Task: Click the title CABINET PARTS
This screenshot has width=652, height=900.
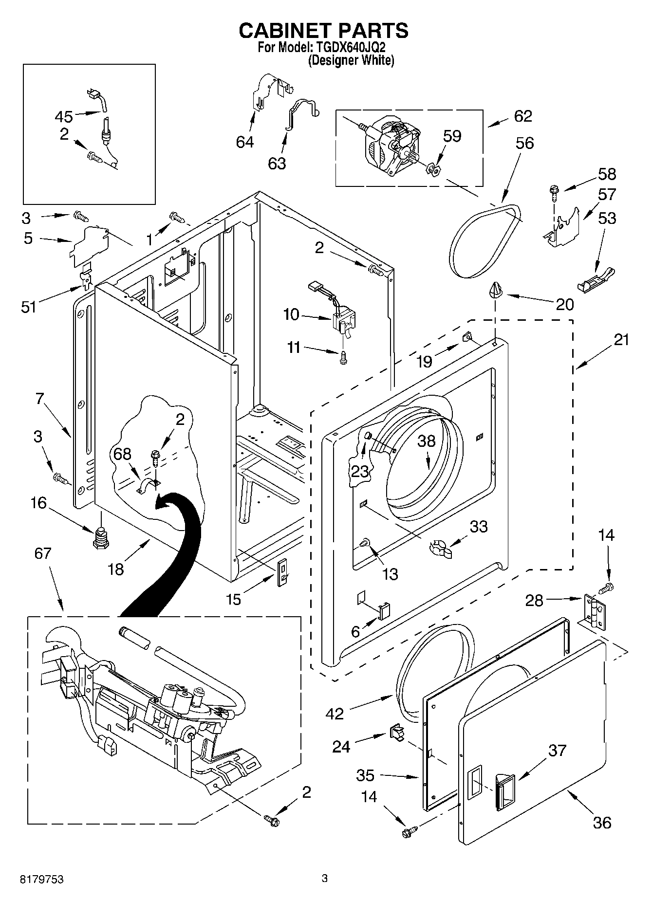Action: [323, 30]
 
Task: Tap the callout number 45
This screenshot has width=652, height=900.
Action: [63, 117]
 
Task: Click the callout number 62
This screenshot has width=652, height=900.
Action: [523, 116]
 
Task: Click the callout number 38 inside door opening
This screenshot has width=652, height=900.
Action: [427, 441]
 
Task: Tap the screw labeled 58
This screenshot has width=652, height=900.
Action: [554, 192]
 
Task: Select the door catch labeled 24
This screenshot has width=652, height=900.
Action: [396, 732]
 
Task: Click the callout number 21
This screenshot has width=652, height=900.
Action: [621, 340]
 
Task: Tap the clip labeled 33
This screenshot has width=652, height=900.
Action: [440, 549]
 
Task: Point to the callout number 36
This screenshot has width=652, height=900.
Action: [602, 823]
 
